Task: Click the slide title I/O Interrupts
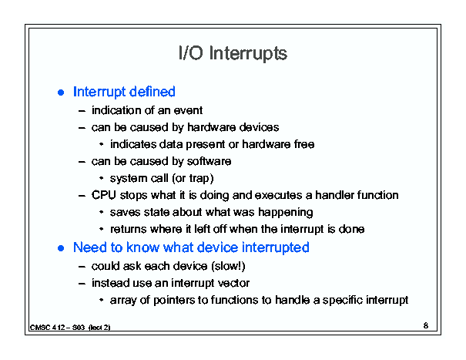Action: [x=233, y=53]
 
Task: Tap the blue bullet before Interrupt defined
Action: [x=61, y=93]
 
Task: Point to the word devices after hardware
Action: [x=259, y=128]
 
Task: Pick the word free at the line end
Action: [x=304, y=144]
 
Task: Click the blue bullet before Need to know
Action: [x=61, y=248]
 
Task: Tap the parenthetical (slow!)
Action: [x=228, y=266]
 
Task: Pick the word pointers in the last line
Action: [x=174, y=300]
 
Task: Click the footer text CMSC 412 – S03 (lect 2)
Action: [x=70, y=328]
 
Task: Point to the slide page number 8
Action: [x=426, y=326]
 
